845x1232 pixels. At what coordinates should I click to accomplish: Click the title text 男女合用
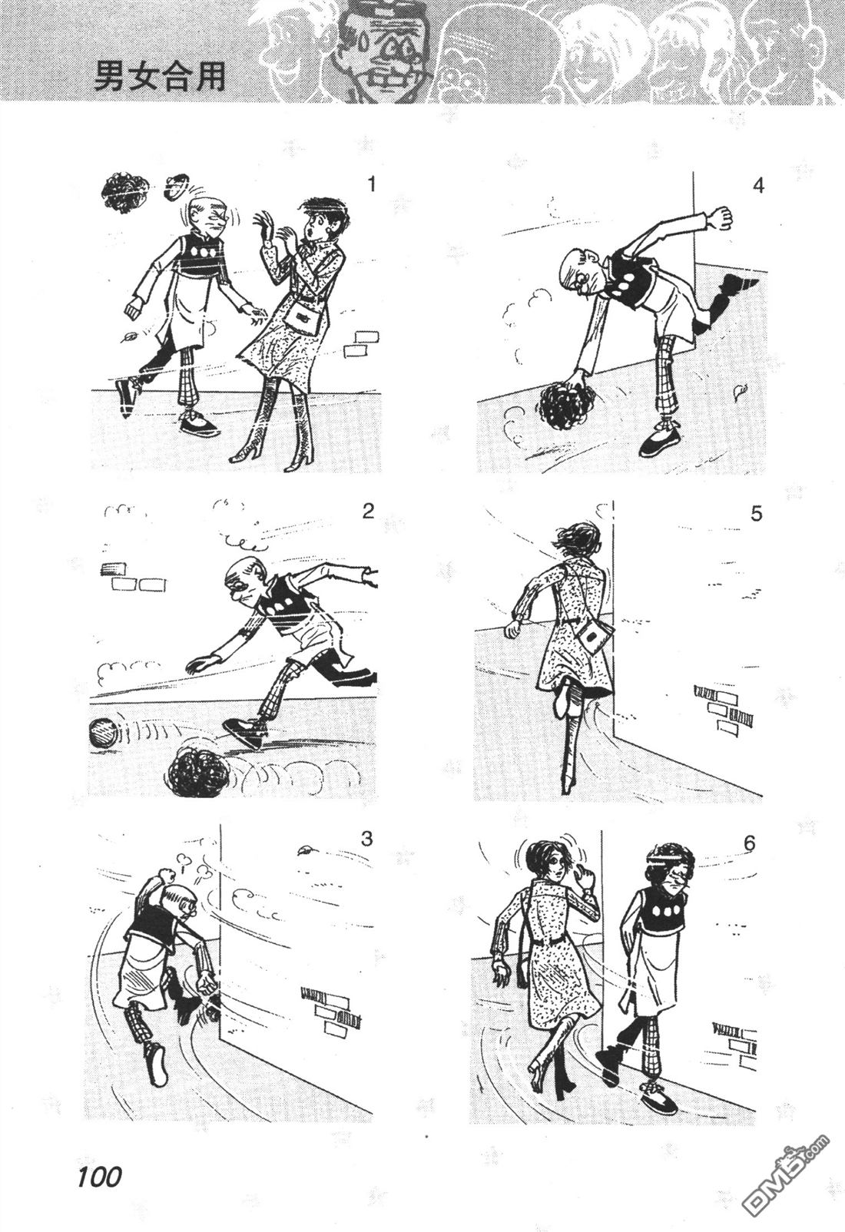(x=160, y=75)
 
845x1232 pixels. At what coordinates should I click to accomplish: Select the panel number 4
(x=758, y=185)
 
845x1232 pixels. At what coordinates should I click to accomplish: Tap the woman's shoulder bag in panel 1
(x=303, y=316)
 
